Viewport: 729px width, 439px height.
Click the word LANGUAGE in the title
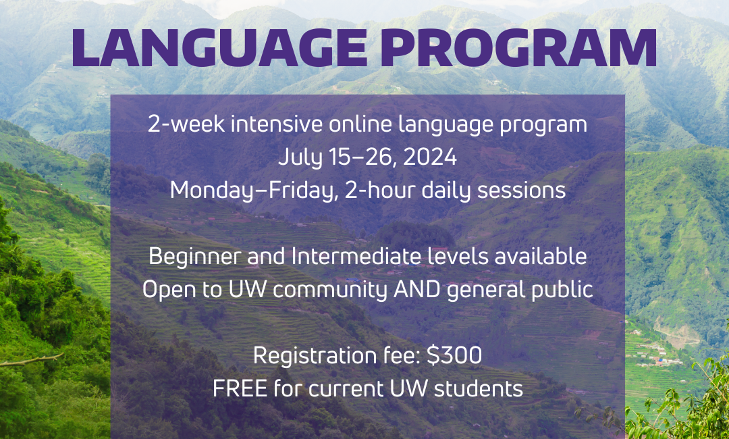pyautogui.click(x=219, y=47)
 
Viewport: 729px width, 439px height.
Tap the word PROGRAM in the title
pyautogui.click(x=518, y=47)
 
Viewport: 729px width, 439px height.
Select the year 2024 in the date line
pyautogui.click(x=430, y=157)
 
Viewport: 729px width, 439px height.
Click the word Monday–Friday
pyautogui.click(x=254, y=191)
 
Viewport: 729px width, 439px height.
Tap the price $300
pyautogui.click(x=454, y=356)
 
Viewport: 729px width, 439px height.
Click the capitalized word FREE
pyautogui.click(x=240, y=389)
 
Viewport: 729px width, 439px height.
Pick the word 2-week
pyautogui.click(x=187, y=125)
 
